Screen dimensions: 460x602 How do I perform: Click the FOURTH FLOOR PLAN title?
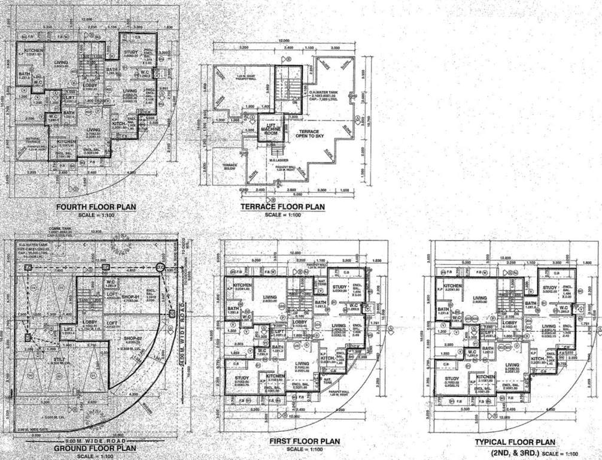[x=95, y=208]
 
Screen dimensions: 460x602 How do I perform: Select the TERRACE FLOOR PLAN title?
[x=282, y=207]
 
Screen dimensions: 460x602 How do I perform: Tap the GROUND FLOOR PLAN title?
[x=95, y=447]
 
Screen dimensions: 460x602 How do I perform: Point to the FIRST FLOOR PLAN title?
[x=305, y=441]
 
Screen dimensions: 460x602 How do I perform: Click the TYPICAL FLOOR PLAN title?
[x=515, y=442]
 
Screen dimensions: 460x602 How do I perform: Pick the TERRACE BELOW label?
[x=230, y=167]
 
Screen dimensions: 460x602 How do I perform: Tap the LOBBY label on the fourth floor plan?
[x=90, y=86]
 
